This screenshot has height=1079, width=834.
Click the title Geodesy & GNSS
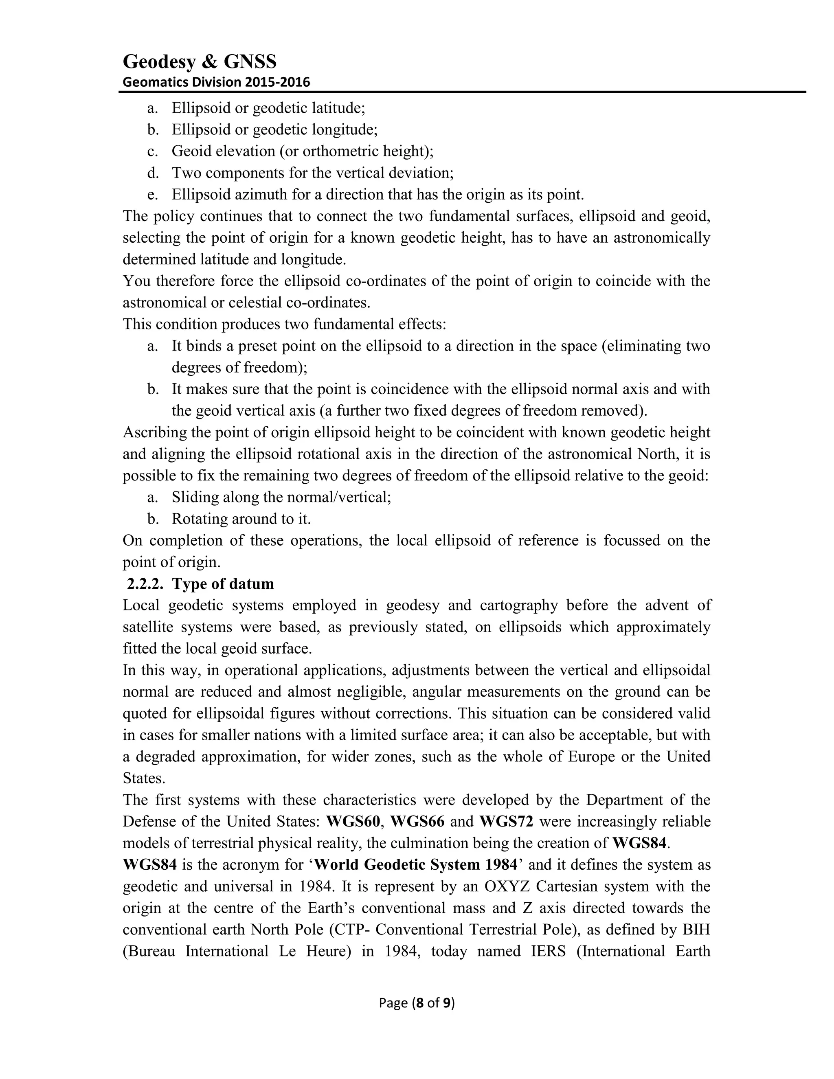(x=199, y=62)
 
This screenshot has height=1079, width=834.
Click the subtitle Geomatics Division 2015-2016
(x=216, y=82)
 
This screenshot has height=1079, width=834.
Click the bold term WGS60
(x=353, y=822)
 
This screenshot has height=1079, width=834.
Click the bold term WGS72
(x=507, y=822)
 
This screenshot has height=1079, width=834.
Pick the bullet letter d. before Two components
(x=153, y=173)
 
